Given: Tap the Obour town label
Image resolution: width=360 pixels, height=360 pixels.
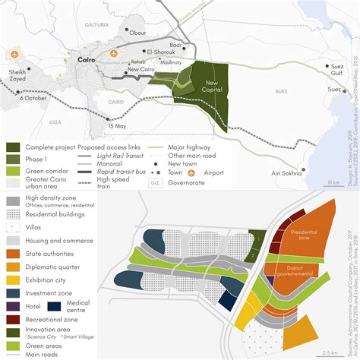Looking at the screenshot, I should pos(138,33).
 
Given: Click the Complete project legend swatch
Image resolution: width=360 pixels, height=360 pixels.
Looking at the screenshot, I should pos(12,147).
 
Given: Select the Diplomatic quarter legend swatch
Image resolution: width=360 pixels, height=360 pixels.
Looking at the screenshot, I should pos(12,267).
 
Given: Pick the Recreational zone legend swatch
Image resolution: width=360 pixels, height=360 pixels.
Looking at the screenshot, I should pos(12,320).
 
